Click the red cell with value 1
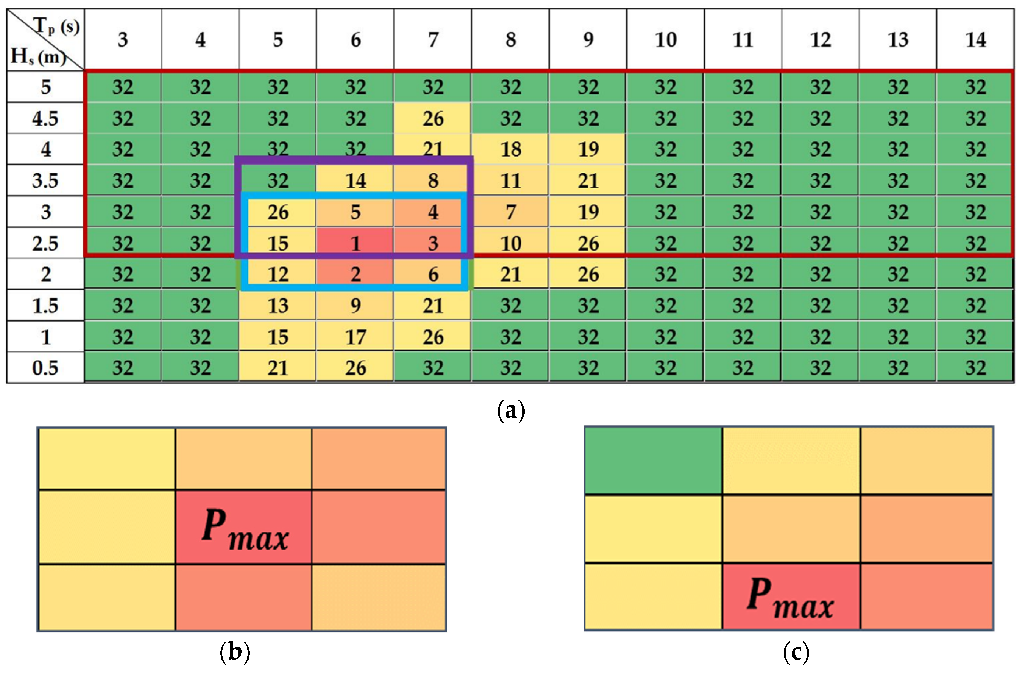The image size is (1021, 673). point(355,243)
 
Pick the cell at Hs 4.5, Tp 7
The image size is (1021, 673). point(433,119)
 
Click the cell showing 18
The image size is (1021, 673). point(510,149)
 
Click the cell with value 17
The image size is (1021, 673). point(355,337)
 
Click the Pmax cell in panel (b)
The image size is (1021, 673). point(244,527)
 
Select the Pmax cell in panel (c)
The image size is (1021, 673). point(791,596)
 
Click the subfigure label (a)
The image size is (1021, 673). point(510,411)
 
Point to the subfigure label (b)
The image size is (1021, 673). point(235,652)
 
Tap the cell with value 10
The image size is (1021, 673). point(510,243)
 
